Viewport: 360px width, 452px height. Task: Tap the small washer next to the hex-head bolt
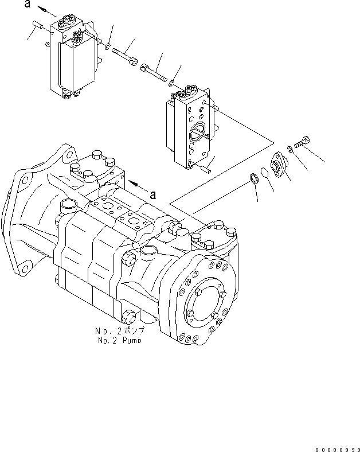(x=290, y=150)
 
